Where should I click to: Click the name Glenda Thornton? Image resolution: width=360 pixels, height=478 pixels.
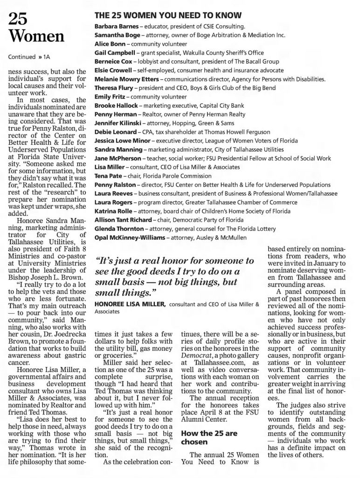(116, 229)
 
